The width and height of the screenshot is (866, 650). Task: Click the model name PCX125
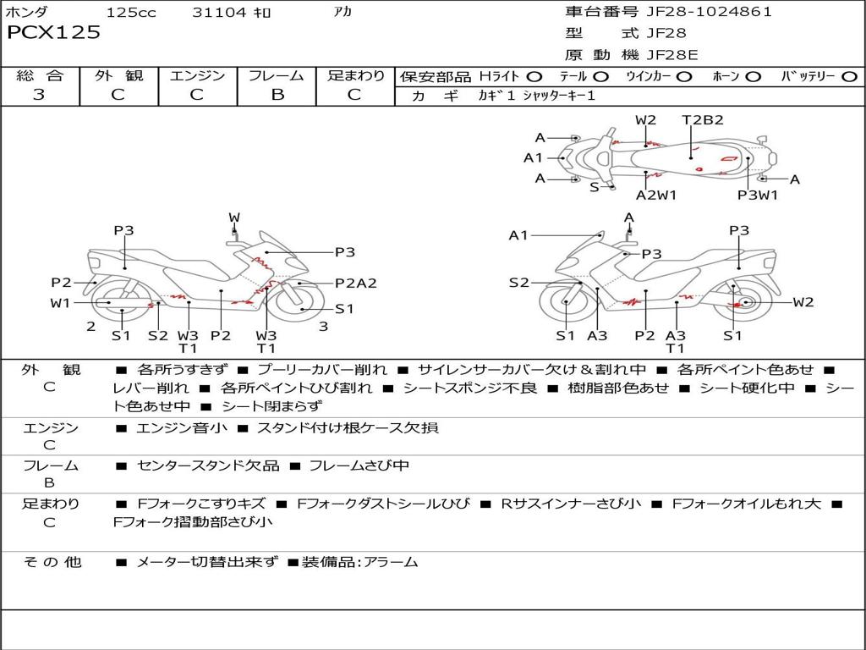coord(53,33)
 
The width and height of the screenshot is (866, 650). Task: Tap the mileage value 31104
coord(219,13)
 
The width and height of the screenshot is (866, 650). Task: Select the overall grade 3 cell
coord(40,95)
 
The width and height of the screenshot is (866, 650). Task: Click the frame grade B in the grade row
coord(277,95)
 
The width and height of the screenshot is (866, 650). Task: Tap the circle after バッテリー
coord(848,76)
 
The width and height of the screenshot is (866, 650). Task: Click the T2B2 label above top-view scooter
coord(703,120)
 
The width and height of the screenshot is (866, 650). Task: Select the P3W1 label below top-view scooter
coord(758,195)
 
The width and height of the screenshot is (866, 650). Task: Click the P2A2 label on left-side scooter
coord(355,284)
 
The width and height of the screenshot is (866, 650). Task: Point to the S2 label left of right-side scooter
coord(518,283)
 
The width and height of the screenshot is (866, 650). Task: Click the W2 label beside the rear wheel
coord(803,302)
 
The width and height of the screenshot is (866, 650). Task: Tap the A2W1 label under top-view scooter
coord(656,195)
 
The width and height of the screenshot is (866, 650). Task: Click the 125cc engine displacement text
coord(131,13)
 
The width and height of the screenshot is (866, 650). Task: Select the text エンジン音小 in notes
coord(181,428)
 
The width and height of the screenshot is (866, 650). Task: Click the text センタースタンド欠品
coord(207,465)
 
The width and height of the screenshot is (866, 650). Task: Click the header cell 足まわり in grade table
coord(356,76)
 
